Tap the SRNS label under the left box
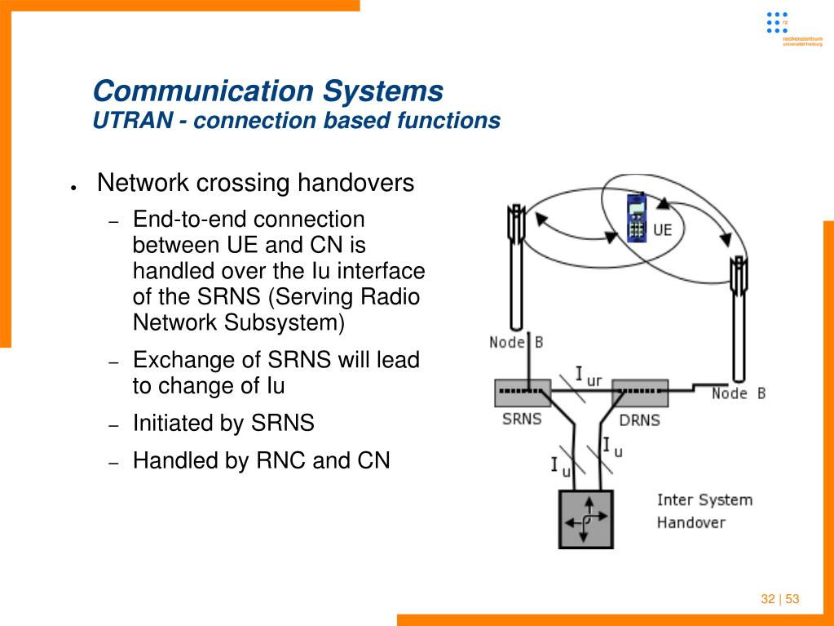point(522,419)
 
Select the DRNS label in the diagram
point(639,420)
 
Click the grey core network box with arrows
point(585,518)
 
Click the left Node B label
point(516,342)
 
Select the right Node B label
point(738,393)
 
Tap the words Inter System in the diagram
point(704,499)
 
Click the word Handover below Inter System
point(691,522)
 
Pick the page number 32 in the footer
point(767,599)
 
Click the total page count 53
point(792,599)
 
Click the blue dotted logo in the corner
point(777,22)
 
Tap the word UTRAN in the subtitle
point(130,121)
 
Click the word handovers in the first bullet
point(355,183)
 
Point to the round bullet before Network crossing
point(73,187)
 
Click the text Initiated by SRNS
point(223,423)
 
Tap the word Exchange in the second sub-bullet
point(181,360)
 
